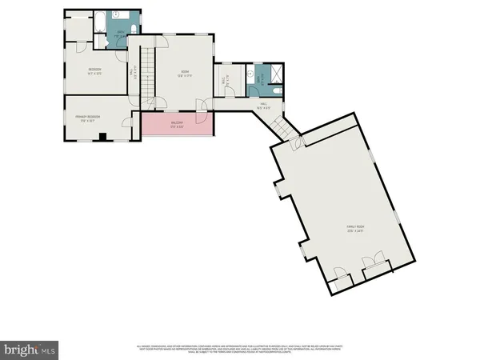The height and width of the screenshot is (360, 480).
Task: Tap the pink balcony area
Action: pyautogui.click(x=178, y=125)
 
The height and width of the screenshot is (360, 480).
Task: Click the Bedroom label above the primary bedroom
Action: pyautogui.click(x=94, y=70)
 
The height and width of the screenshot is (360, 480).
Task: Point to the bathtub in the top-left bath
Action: pyautogui.click(x=101, y=22)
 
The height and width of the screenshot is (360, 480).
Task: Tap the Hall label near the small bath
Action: pyautogui.click(x=261, y=104)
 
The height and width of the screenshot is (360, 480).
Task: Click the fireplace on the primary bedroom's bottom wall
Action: pyautogui.click(x=102, y=138)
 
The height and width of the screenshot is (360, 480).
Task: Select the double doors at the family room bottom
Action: pyautogui.click(x=372, y=264)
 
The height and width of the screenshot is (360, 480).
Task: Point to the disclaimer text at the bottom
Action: pyautogui.click(x=240, y=349)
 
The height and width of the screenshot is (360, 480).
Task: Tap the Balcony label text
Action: pyautogui.click(x=178, y=125)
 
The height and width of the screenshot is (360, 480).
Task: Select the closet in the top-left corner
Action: pyautogui.click(x=78, y=26)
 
